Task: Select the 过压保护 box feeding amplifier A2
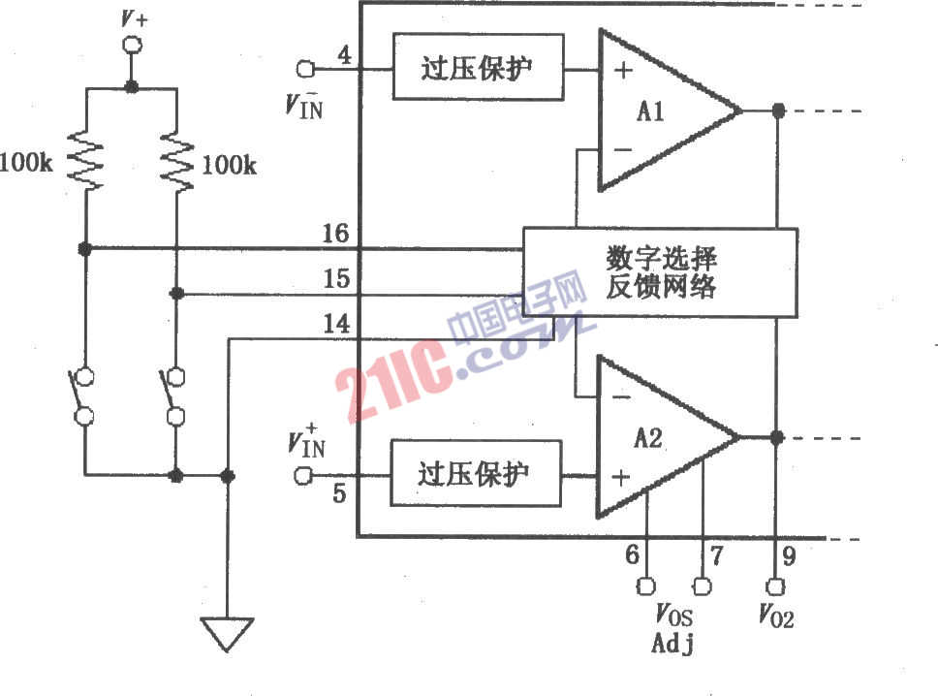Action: (x=475, y=474)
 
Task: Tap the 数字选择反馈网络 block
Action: (x=660, y=273)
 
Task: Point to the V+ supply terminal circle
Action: (x=131, y=45)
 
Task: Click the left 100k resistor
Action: (x=85, y=163)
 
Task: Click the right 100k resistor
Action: (x=177, y=163)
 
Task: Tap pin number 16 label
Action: (x=335, y=236)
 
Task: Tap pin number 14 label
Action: (x=335, y=325)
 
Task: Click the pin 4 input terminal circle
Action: (x=305, y=69)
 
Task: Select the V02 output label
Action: (x=775, y=617)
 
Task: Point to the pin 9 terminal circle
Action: (x=774, y=586)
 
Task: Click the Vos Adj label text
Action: (x=673, y=627)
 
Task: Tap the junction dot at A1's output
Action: (x=777, y=111)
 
